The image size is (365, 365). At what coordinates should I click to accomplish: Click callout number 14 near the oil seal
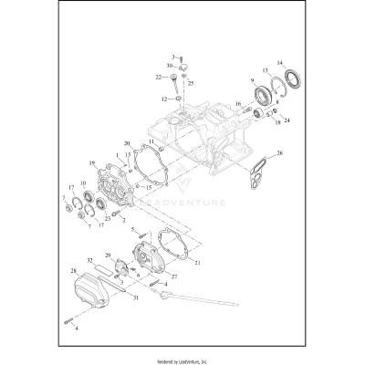281,61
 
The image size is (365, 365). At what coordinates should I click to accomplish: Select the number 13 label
266,71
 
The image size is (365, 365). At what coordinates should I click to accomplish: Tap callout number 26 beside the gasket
280,154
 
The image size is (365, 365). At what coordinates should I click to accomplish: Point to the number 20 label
128,143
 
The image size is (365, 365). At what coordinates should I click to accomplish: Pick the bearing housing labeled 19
115,186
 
